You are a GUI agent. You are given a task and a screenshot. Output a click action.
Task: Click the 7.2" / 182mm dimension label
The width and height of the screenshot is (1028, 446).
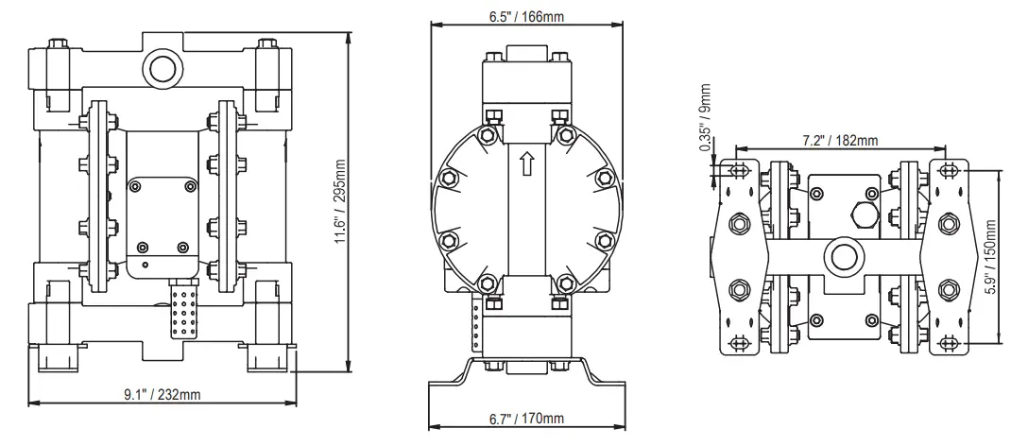tap(841, 141)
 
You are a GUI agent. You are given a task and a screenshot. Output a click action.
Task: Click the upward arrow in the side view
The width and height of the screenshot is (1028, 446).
tap(525, 165)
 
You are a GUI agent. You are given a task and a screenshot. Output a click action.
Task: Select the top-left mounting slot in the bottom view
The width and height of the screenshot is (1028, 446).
tap(738, 171)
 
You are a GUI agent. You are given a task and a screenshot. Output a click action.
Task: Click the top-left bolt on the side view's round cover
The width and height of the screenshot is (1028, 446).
tap(488, 135)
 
